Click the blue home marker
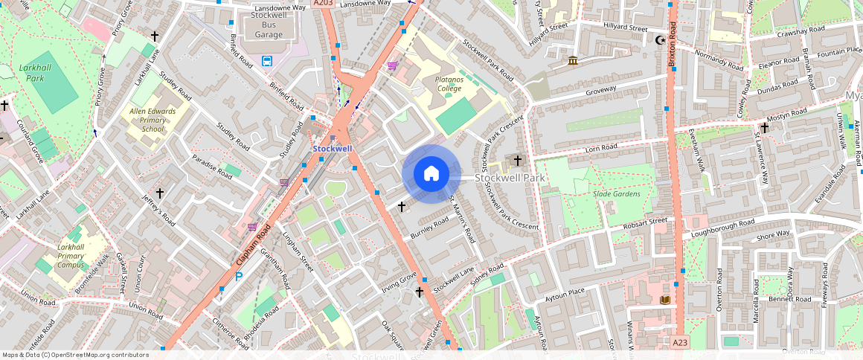click(x=431, y=174)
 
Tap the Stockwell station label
click(x=333, y=149)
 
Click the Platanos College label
click(x=449, y=83)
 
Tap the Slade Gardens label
click(x=616, y=194)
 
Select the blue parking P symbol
click(x=239, y=277)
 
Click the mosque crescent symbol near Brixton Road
click(x=658, y=40)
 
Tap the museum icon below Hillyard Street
click(x=571, y=60)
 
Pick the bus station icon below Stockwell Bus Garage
click(x=266, y=61)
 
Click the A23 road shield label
click(x=680, y=342)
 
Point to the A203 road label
click(x=323, y=4)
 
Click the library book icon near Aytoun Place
click(x=664, y=300)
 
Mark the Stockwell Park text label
click(x=510, y=178)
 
